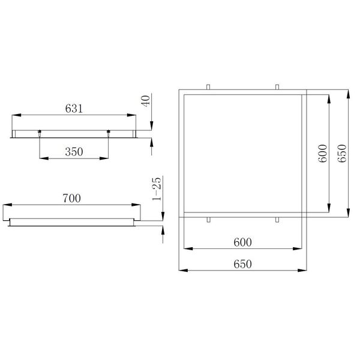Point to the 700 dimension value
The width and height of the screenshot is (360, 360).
[72, 197]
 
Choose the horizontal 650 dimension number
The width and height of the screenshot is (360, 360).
[242, 264]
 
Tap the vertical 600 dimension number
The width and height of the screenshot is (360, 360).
[322, 154]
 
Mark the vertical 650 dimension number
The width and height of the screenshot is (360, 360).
[342, 154]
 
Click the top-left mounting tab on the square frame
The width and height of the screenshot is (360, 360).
[208, 88]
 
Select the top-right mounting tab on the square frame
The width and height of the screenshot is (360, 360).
[277, 88]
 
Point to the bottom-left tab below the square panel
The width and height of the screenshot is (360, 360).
[208, 220]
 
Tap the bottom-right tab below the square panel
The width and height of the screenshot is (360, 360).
[277, 220]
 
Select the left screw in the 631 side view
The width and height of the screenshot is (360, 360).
[40, 133]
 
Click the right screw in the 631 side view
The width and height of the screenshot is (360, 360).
[108, 133]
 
